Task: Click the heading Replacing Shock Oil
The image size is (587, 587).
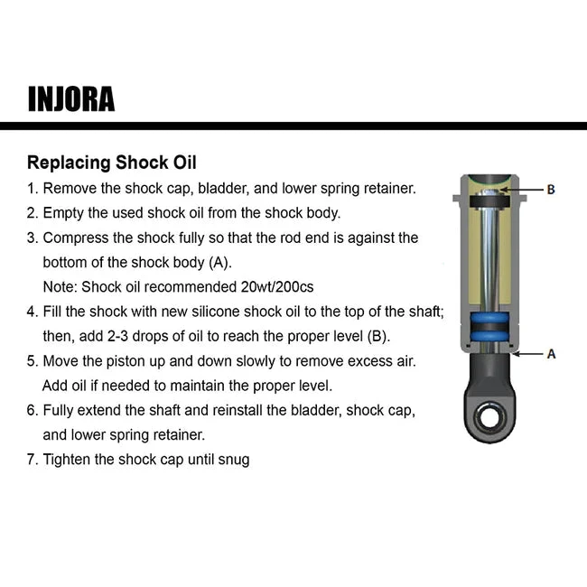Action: pos(111,163)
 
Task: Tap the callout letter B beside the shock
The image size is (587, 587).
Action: pos(550,191)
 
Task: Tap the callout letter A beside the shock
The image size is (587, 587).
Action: pos(551,354)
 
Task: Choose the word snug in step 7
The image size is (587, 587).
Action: pos(234,459)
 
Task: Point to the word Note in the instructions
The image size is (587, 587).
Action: pos(60,287)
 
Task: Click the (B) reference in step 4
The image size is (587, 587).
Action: pos(376,336)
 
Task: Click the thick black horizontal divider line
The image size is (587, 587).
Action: pos(293,126)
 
